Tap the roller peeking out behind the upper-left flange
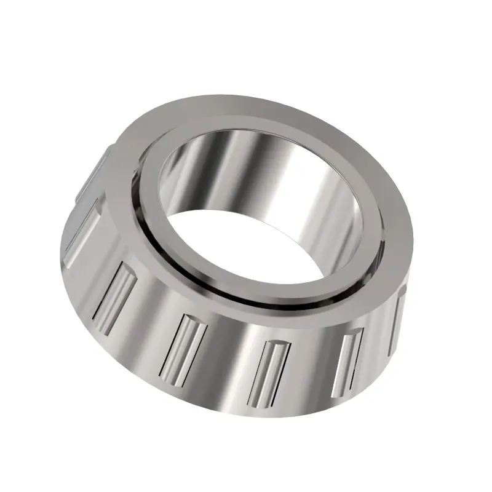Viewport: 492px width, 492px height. [92, 172]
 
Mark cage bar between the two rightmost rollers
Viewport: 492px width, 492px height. [378, 344]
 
